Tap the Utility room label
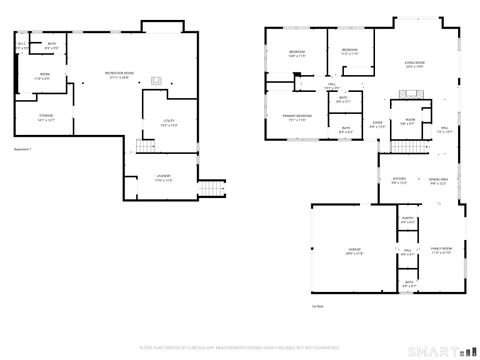(x=168, y=123)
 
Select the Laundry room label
(x=163, y=178)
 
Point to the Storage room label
(x=46, y=118)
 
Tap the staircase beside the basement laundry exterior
(x=209, y=190)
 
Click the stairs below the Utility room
(x=147, y=148)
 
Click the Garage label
(x=354, y=251)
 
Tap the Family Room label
(x=441, y=251)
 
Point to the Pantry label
(x=408, y=219)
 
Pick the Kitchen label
(x=399, y=181)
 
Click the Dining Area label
(x=438, y=181)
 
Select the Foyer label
(x=377, y=127)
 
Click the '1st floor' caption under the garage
(x=345, y=305)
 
